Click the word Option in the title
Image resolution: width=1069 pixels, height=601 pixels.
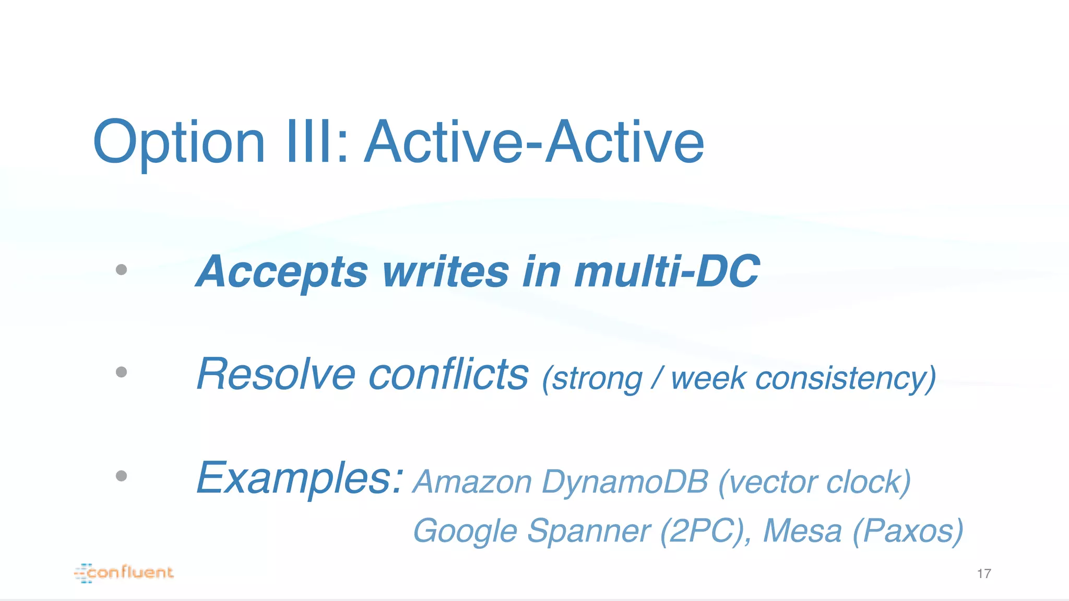pyautogui.click(x=179, y=142)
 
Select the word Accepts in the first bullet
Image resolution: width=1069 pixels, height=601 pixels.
pyautogui.click(x=282, y=272)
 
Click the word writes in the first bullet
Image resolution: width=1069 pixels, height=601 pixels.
pyautogui.click(x=445, y=272)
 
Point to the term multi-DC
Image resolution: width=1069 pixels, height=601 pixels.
pyautogui.click(x=667, y=272)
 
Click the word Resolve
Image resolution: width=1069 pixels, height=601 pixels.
pyautogui.click(x=276, y=374)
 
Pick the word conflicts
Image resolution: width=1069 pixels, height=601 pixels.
pyautogui.click(x=448, y=374)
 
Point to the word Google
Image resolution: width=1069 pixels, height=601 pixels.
pyautogui.click(x=465, y=531)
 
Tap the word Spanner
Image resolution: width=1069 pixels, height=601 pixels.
pyautogui.click(x=588, y=531)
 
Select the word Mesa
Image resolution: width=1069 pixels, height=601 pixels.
pyautogui.click(x=802, y=531)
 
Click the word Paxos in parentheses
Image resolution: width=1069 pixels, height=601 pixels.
pyautogui.click(x=908, y=531)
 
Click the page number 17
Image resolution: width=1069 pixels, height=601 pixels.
pyautogui.click(x=984, y=574)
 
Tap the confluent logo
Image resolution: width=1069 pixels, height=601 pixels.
pyautogui.click(x=124, y=573)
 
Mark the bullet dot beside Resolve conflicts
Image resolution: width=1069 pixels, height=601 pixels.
pyautogui.click(x=122, y=372)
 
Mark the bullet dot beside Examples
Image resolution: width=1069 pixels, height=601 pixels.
pyautogui.click(x=122, y=476)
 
